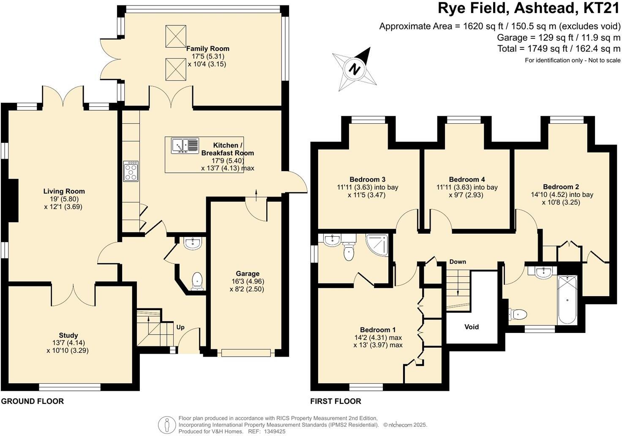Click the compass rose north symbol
click(x=354, y=69)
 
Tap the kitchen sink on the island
click(x=185, y=145)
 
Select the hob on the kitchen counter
click(x=131, y=171)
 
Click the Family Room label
click(x=208, y=49)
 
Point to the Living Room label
click(x=64, y=191)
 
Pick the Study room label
click(x=68, y=335)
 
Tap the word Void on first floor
click(x=472, y=327)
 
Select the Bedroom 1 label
click(x=378, y=330)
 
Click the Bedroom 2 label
click(x=561, y=187)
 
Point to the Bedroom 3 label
click(x=367, y=179)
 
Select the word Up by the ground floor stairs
click(x=180, y=327)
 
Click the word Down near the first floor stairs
click(x=457, y=262)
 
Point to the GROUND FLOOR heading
click(x=33, y=401)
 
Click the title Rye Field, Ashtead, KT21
click(x=529, y=8)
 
